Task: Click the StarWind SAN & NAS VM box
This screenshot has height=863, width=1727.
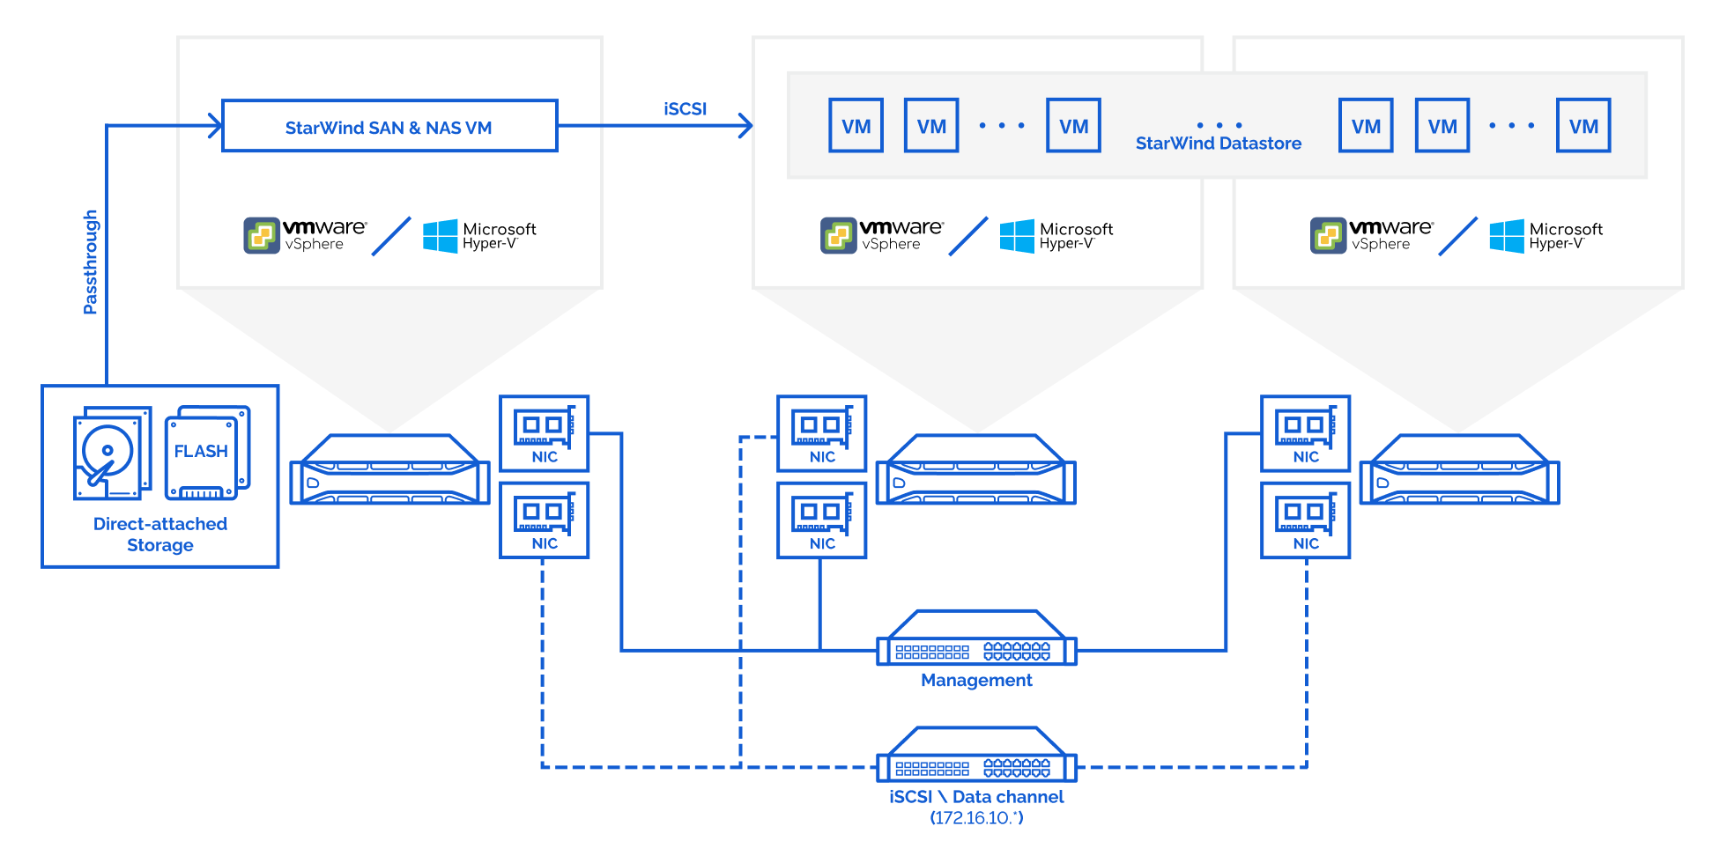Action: (x=389, y=126)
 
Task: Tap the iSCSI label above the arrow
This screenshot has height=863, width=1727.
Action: (x=685, y=108)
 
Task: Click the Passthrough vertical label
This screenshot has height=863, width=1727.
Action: (x=90, y=262)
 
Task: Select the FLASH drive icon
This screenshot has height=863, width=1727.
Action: (x=208, y=452)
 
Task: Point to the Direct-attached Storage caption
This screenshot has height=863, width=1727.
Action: (x=160, y=535)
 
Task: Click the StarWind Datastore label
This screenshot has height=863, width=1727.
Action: (x=1218, y=143)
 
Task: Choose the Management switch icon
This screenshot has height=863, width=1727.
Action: (x=976, y=638)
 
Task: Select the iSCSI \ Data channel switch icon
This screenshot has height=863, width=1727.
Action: (x=976, y=754)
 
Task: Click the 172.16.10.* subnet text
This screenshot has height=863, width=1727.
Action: (x=976, y=818)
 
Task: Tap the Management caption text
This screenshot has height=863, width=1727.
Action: (x=976, y=680)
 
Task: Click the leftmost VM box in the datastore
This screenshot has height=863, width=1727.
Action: (x=856, y=125)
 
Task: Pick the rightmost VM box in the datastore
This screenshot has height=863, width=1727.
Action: (x=1583, y=125)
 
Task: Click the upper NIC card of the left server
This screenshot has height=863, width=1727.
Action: (x=545, y=433)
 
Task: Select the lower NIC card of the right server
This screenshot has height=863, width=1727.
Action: (x=1306, y=520)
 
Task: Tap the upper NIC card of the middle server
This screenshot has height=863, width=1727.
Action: (x=822, y=433)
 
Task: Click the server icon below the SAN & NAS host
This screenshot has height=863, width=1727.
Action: (x=389, y=469)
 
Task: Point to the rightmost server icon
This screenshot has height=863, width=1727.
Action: (x=1459, y=469)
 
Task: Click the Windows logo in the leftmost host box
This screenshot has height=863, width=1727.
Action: (x=441, y=236)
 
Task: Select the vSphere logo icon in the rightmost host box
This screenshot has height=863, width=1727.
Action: (x=1328, y=235)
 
